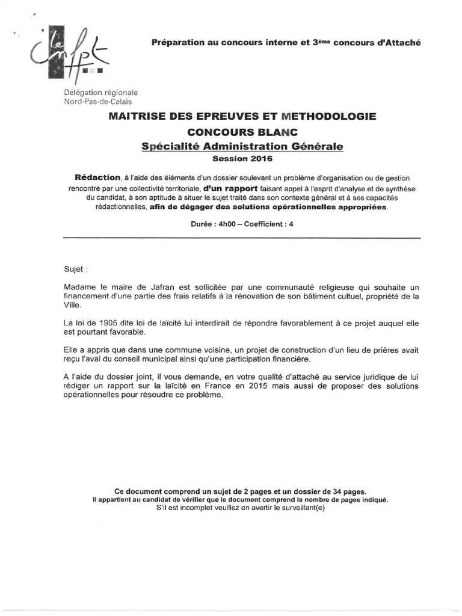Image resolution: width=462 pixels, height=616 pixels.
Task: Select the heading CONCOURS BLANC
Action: click(242, 132)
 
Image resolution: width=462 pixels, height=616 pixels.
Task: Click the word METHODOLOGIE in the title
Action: click(319, 115)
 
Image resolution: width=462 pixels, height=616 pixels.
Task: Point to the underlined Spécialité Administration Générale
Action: click(242, 146)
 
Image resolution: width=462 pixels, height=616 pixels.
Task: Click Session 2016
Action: click(242, 159)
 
